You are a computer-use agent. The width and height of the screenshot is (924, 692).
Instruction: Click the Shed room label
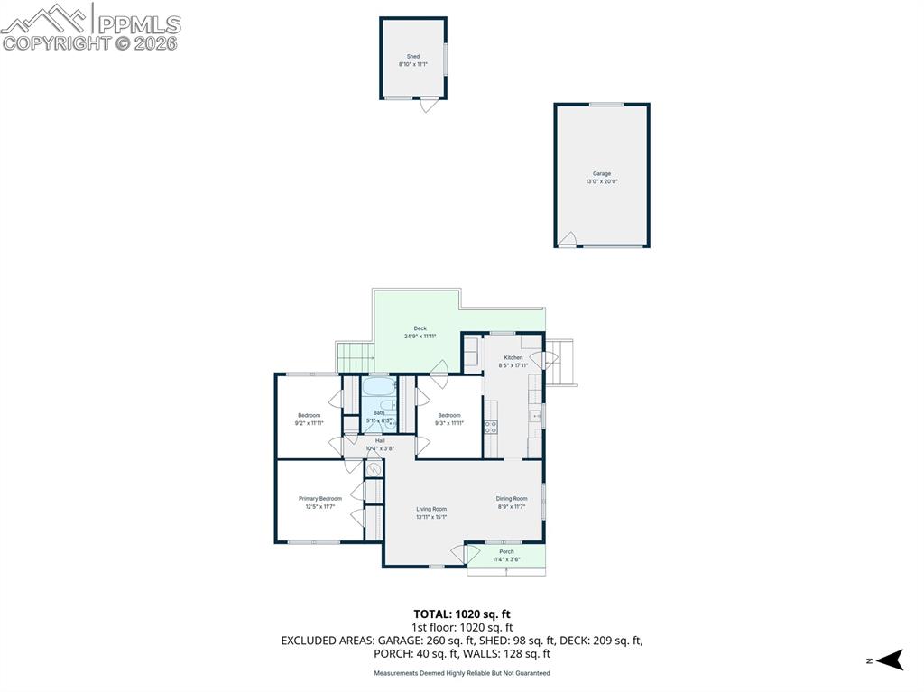click(x=412, y=56)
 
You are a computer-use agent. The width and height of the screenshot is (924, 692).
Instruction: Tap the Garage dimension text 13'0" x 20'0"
click(x=602, y=181)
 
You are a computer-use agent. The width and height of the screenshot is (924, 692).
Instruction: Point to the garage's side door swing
click(x=567, y=239)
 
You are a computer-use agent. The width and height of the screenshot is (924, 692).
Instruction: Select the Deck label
click(x=420, y=328)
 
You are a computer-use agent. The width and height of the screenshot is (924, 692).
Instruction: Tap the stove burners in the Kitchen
click(x=491, y=427)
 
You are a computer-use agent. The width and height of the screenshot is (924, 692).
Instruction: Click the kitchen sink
click(x=535, y=416)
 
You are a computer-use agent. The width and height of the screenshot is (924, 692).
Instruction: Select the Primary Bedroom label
click(x=320, y=498)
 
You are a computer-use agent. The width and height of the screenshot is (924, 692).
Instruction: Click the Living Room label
click(x=431, y=509)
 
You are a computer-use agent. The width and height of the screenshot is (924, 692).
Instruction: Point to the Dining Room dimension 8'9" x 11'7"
click(x=511, y=506)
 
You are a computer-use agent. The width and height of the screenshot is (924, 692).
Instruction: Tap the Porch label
click(x=506, y=551)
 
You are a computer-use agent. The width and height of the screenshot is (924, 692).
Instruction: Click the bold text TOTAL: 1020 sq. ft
click(x=462, y=614)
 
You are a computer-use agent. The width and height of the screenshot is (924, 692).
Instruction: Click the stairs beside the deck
click(x=355, y=357)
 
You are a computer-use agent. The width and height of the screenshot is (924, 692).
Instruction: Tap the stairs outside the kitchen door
click(x=562, y=362)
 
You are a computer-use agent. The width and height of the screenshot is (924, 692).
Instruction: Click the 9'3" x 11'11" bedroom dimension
click(x=449, y=422)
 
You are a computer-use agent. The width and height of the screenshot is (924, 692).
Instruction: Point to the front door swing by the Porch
click(x=470, y=554)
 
